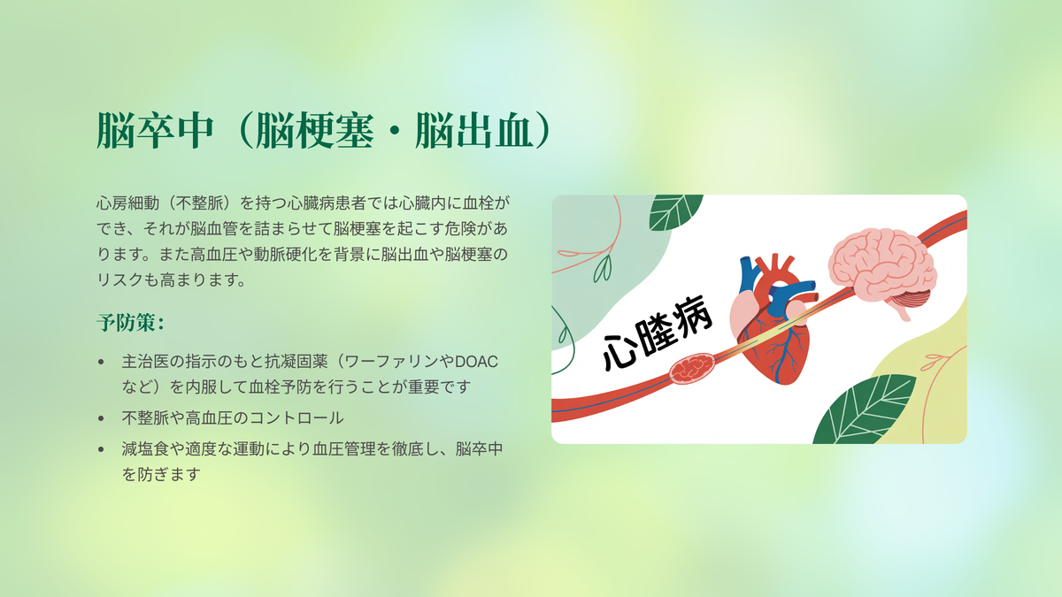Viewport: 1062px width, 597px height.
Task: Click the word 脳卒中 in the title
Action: pyautogui.click(x=155, y=131)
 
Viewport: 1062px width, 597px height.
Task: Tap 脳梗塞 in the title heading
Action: pyautogui.click(x=314, y=131)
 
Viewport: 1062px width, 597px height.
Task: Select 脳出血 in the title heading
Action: pyautogui.click(x=473, y=131)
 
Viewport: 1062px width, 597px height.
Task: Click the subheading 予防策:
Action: pyautogui.click(x=130, y=323)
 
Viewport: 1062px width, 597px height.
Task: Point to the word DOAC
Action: pyautogui.click(x=476, y=362)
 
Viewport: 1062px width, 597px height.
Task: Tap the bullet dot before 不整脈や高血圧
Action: pyautogui.click(x=101, y=418)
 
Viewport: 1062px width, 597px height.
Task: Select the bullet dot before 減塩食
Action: pyautogui.click(x=101, y=449)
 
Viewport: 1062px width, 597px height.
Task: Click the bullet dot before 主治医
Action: pyautogui.click(x=101, y=362)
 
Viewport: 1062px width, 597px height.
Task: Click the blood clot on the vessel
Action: pyautogui.click(x=692, y=368)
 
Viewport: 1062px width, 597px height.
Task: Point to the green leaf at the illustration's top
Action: pyautogui.click(x=675, y=211)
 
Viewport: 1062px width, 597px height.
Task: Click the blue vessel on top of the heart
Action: pyautogui.click(x=749, y=275)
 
